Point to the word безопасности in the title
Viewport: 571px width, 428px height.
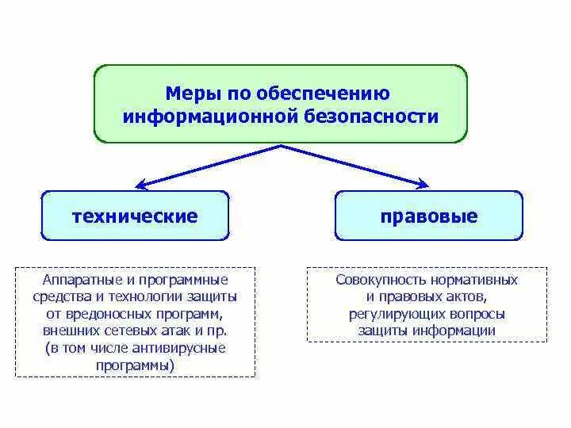pos(371,117)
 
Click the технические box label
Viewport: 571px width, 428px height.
pos(135,216)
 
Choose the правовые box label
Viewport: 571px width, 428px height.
pos(429,216)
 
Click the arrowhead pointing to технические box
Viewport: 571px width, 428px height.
pos(140,185)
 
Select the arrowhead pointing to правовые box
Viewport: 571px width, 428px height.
pos(423,185)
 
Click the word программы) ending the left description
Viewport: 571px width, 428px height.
pos(135,366)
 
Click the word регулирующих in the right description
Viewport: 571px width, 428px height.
pos(388,315)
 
